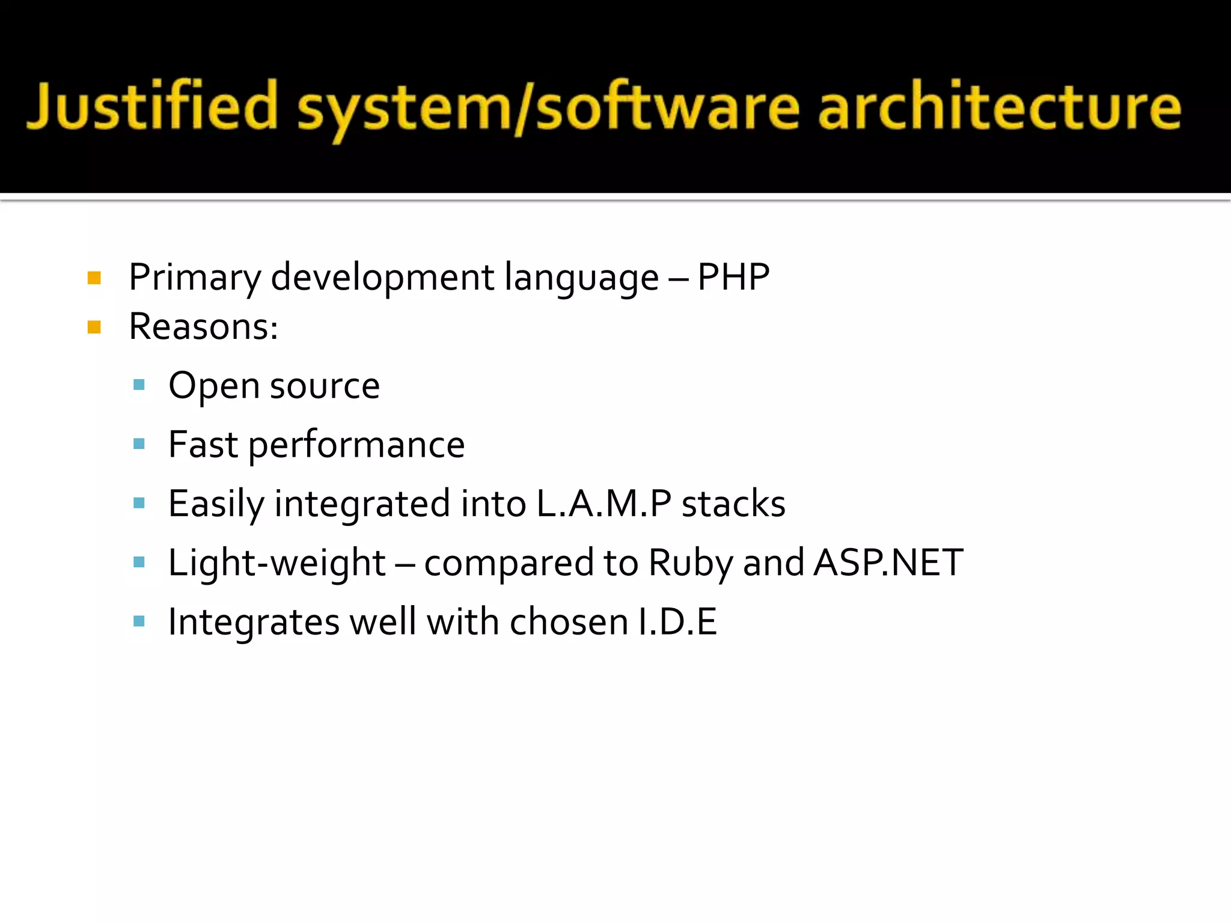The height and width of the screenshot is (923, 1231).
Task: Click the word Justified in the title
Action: click(152, 107)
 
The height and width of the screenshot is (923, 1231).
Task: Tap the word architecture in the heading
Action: click(999, 107)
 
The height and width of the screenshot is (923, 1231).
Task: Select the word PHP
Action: click(733, 277)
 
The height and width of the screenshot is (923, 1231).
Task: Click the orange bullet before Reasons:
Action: click(94, 327)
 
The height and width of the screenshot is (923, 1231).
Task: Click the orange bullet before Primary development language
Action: click(94, 278)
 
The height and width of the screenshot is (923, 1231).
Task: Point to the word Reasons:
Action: click(203, 327)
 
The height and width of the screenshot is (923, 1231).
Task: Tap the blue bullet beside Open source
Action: click(139, 385)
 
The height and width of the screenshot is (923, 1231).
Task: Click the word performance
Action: click(356, 445)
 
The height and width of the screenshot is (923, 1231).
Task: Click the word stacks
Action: click(733, 504)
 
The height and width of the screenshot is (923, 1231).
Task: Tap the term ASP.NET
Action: click(888, 562)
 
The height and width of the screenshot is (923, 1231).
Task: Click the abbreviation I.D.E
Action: click(677, 621)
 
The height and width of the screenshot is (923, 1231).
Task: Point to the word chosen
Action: click(569, 621)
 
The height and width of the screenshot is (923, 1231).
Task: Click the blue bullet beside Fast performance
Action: click(139, 444)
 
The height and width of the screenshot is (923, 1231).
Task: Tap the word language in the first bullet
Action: click(581, 278)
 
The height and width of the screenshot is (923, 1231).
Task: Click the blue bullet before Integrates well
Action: click(139, 621)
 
